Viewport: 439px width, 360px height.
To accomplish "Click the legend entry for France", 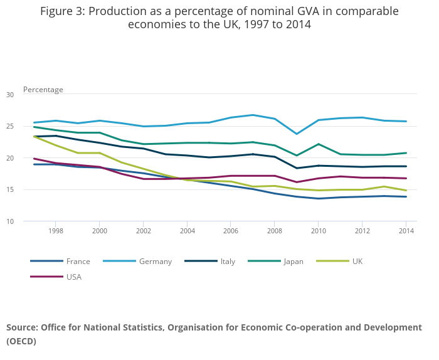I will point(78,262).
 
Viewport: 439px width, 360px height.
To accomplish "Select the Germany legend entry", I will point(155,262).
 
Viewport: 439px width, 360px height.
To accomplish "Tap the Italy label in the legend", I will point(228,262).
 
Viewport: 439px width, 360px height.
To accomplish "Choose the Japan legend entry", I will point(293,262).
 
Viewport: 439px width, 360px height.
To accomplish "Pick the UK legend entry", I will point(357,262).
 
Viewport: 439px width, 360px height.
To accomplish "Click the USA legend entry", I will point(73,277).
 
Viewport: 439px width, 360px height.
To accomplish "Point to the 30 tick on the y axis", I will point(10,95).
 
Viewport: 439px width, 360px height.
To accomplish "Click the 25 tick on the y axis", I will point(10,127).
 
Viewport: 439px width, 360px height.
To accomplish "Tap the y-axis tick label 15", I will point(10,190).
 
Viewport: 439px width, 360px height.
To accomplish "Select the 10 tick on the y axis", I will point(10,221).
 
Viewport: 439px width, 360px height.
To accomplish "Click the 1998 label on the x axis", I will point(55,231).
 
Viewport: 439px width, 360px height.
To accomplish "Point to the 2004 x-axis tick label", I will point(188,231).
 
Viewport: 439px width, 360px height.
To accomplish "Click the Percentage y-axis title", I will point(43,90).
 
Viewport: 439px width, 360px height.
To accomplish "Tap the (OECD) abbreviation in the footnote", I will point(21,342).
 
